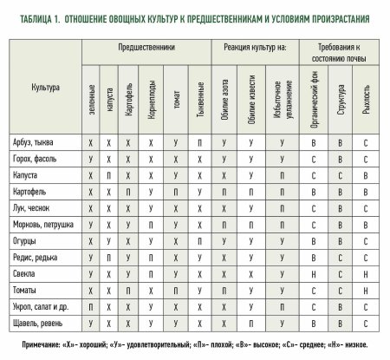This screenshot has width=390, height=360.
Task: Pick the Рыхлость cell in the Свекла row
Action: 367,278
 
